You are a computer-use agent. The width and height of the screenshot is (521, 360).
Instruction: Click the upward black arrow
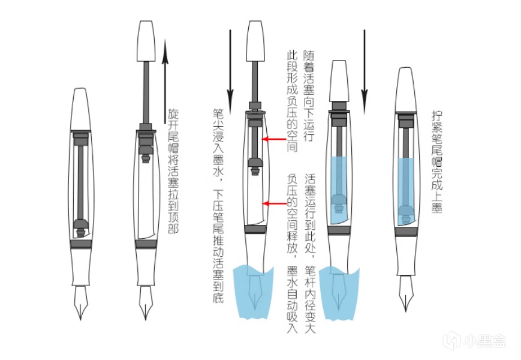tap(166, 78)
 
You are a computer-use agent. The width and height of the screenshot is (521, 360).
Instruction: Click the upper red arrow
tap(277, 140)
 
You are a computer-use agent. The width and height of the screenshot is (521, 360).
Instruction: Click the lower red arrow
tap(277, 204)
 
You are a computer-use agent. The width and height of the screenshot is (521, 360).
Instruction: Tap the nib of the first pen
tap(82, 303)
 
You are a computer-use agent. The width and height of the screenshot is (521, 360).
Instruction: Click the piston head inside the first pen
tap(81, 227)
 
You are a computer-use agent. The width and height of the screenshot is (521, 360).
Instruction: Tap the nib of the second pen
tap(146, 303)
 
